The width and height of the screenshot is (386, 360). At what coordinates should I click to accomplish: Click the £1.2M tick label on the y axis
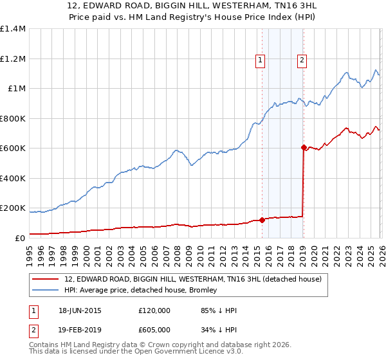click(x=13, y=59)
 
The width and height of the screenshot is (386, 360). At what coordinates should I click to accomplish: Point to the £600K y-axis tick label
click(x=13, y=148)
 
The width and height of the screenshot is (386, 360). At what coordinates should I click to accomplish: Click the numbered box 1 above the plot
click(x=261, y=61)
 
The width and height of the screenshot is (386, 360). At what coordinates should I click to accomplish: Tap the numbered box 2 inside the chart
click(x=302, y=61)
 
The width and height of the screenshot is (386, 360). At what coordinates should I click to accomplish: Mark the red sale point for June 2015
click(x=262, y=221)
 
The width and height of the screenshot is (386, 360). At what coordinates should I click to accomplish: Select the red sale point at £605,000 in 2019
click(x=303, y=148)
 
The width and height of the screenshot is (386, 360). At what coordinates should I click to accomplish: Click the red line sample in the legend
click(x=46, y=279)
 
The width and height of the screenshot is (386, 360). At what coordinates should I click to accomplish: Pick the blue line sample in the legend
click(x=46, y=291)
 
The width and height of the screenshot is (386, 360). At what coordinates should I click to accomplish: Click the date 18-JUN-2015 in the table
click(x=80, y=310)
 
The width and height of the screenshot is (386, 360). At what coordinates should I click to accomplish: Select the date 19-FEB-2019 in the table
click(x=80, y=330)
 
